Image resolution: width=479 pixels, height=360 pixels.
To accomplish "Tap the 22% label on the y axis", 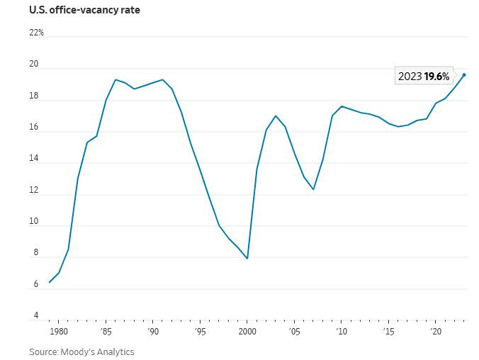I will click(x=36, y=33).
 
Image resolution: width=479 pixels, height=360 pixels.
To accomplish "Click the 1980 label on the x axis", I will click(x=58, y=331).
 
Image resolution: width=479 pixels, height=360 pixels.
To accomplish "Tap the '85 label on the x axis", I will click(x=106, y=331).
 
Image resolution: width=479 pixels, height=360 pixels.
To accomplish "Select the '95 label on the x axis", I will click(x=201, y=331).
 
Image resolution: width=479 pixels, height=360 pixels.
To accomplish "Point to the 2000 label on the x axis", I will click(x=247, y=331).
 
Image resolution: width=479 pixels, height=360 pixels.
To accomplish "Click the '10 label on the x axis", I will click(x=342, y=331).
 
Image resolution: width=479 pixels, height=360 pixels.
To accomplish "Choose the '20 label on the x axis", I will click(x=436, y=331).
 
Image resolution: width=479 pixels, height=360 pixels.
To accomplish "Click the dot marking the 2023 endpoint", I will click(x=464, y=74).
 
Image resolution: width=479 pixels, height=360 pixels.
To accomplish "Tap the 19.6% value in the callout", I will click(x=436, y=77).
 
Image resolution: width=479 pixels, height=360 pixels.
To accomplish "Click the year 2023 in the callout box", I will click(x=410, y=77).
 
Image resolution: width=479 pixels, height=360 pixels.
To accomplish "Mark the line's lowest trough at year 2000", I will click(x=247, y=258).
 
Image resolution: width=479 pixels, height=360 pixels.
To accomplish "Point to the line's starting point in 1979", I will click(x=49, y=282).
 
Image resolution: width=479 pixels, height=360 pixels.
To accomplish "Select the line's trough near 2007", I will click(x=313, y=189).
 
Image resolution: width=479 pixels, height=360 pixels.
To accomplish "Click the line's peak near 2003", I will click(x=276, y=116).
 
